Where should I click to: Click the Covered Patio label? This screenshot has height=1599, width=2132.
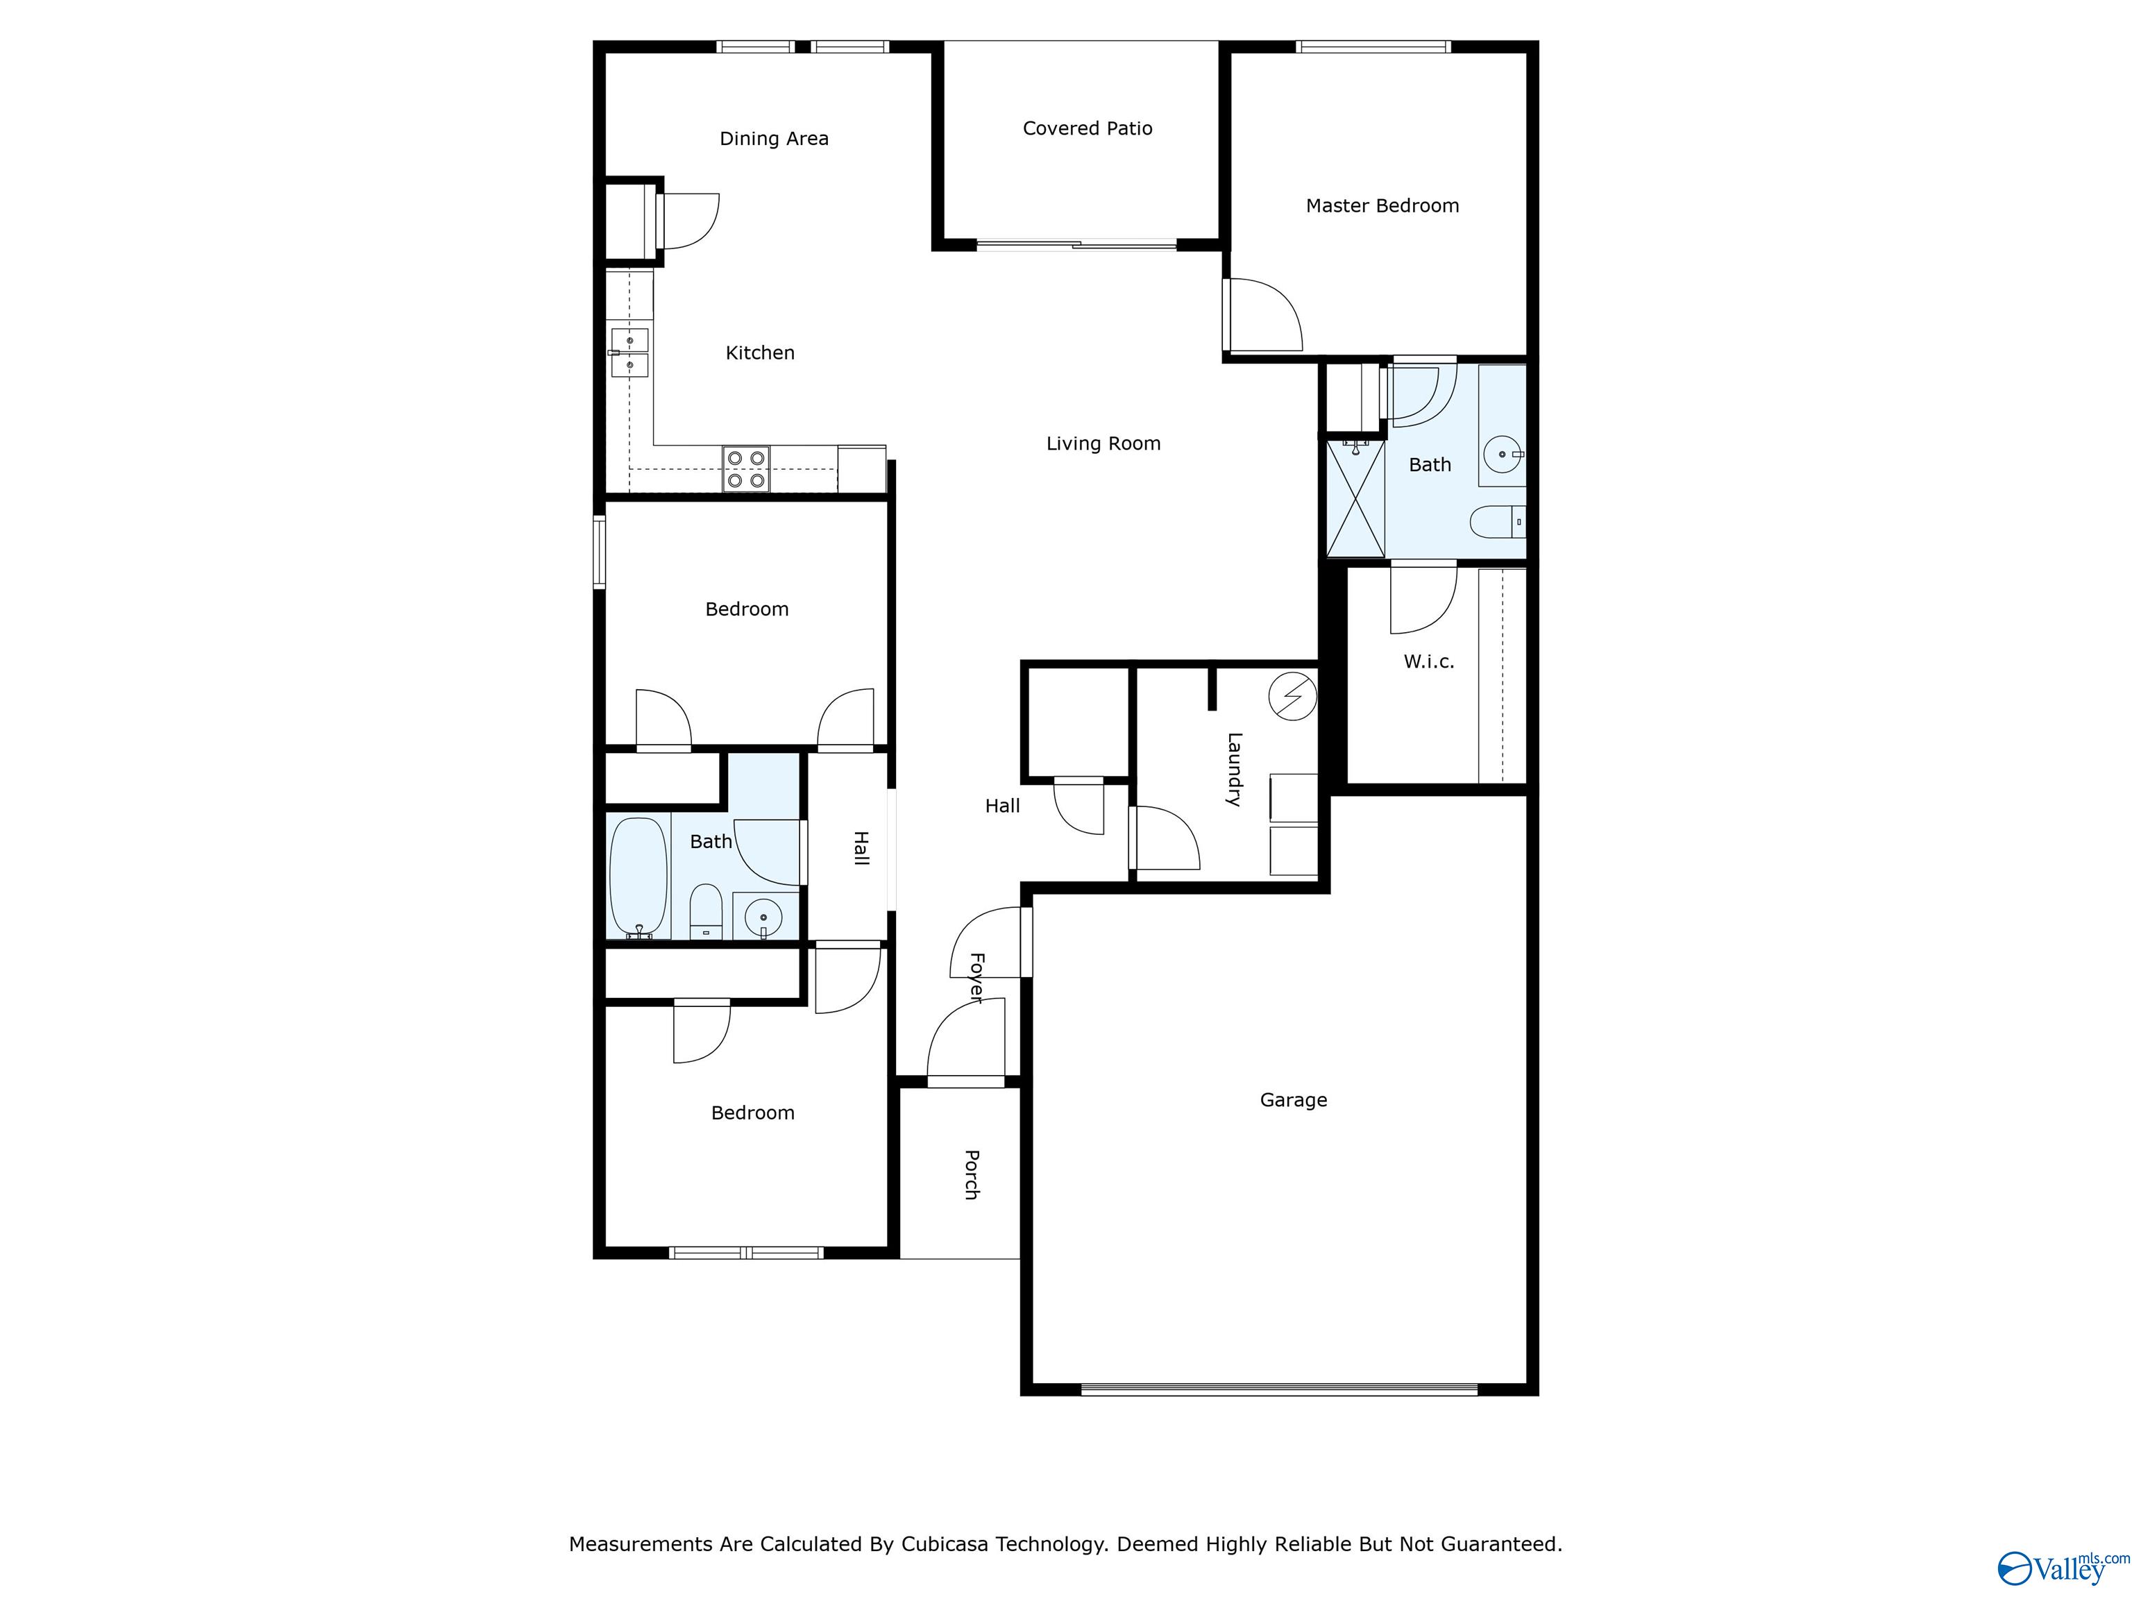1088,128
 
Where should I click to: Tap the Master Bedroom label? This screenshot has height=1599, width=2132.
1382,205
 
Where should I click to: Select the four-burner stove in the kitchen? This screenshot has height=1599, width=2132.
746,469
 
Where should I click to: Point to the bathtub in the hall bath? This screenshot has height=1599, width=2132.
638,877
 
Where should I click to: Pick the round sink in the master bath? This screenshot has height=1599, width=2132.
1503,453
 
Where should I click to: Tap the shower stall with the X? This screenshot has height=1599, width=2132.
1356,498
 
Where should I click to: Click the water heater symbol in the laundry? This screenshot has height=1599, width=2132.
1292,696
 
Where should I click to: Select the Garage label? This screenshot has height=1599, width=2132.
1294,1100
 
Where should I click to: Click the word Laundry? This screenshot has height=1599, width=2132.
1234,769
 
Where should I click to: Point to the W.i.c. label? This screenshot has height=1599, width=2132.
1428,661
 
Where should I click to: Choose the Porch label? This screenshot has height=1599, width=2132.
972,1174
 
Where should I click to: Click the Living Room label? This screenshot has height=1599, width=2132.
1103,443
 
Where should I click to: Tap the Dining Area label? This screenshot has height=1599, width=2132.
774,139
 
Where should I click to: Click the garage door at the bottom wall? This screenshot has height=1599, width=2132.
1279,1389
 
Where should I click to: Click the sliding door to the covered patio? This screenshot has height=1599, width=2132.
1076,245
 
